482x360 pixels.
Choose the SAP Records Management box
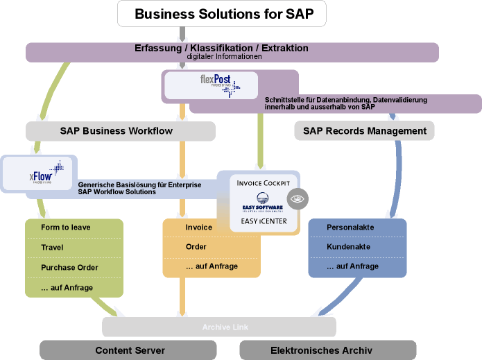[364, 130]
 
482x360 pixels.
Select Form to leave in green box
[66, 228]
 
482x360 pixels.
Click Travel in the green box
[52, 248]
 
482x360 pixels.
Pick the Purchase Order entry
[69, 268]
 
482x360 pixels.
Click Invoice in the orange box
[199, 228]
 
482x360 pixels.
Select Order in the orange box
[196, 247]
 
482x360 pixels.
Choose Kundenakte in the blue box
[348, 247]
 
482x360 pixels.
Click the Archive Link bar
[219, 327]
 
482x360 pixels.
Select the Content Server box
[130, 350]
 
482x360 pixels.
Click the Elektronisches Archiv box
[327, 350]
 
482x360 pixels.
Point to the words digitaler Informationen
[223, 57]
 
